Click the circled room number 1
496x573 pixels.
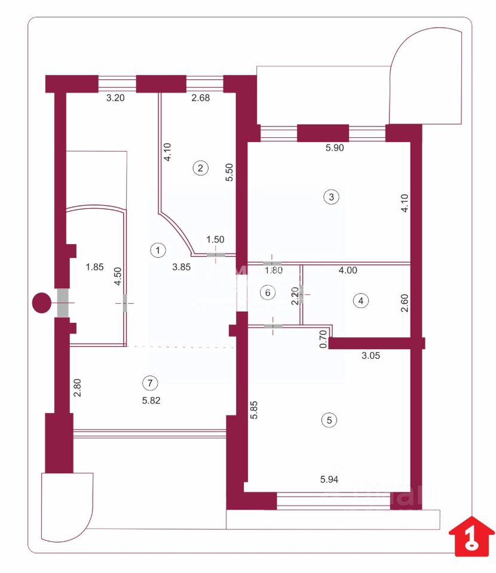(x=157, y=250)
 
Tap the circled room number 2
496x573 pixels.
(x=201, y=168)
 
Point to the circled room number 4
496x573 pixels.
(x=360, y=301)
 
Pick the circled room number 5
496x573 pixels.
(x=328, y=420)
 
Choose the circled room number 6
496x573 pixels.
(x=268, y=292)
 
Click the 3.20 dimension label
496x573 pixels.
(x=115, y=99)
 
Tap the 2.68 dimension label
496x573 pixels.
(x=200, y=99)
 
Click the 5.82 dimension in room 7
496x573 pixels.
(x=152, y=401)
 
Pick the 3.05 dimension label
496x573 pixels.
(x=372, y=355)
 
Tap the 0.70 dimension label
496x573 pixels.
(x=323, y=340)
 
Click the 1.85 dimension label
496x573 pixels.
(x=94, y=267)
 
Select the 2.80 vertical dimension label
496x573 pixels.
(x=76, y=389)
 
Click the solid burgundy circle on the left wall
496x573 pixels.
(x=42, y=303)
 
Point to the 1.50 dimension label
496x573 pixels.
(x=215, y=239)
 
